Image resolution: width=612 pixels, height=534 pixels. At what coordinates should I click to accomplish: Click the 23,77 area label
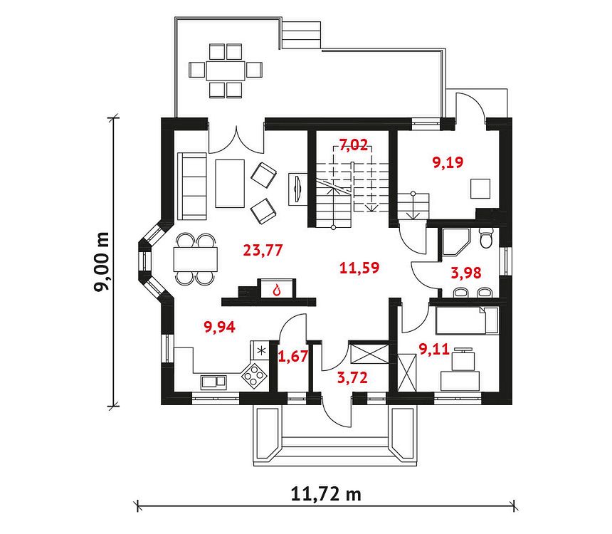pos(263,250)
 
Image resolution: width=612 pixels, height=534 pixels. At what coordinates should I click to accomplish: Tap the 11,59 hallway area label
pos(359,268)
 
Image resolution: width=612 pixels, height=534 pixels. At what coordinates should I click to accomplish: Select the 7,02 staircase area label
pos(354,145)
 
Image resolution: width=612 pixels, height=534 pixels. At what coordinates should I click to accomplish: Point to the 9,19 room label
pos(448,162)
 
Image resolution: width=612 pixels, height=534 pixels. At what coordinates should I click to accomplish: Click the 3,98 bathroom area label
pos(466,273)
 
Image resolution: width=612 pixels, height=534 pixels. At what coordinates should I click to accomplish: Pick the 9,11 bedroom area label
pos(434,349)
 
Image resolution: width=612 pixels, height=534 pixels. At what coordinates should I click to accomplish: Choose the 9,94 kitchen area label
pos(220,327)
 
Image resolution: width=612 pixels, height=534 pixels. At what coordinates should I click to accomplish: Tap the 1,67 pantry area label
pos(293,356)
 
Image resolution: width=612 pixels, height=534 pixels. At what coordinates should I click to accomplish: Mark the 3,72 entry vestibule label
pos(352,377)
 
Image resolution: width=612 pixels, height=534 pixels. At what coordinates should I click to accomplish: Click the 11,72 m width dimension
pos(326,494)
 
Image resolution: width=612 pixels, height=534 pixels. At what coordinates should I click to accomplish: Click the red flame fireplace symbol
pos(277,290)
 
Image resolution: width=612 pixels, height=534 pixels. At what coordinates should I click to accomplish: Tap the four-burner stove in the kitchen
pos(255,376)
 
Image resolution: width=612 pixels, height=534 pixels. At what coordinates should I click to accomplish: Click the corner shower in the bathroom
pos(456,242)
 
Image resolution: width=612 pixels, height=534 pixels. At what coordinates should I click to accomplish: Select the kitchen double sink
pos(213,381)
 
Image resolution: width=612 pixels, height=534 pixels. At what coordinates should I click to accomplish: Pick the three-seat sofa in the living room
pos(192,186)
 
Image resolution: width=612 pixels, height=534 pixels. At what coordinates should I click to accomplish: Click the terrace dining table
pos(226,70)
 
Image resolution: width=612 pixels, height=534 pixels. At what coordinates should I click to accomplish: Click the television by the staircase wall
pos(297,189)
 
